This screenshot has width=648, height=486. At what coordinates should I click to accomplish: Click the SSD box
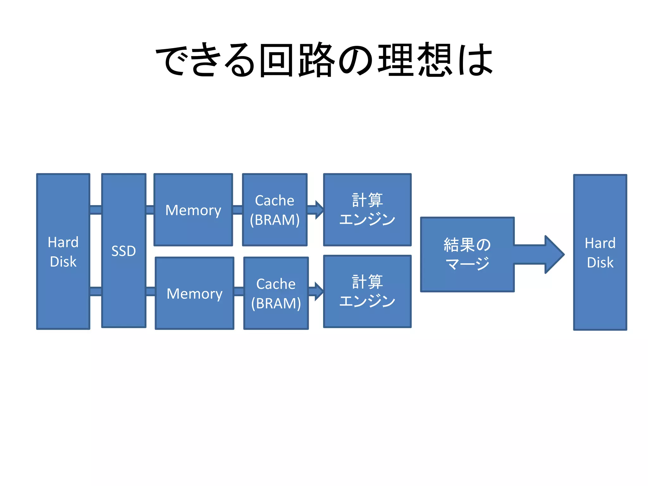click(x=124, y=251)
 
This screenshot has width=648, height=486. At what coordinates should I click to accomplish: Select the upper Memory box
click(x=193, y=210)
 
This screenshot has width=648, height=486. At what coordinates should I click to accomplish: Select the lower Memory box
click(x=195, y=293)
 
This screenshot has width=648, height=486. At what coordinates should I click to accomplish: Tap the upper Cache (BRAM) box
click(x=275, y=210)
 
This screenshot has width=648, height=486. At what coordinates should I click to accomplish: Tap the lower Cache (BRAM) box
click(x=276, y=293)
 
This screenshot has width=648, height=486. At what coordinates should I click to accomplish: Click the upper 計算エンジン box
click(x=367, y=210)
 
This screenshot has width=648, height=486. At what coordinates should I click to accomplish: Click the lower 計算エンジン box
click(x=367, y=291)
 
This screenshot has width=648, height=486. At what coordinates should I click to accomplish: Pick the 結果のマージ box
click(x=467, y=254)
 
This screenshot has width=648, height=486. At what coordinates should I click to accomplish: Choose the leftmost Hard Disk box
click(x=63, y=252)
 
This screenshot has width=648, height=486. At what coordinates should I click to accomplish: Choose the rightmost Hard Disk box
click(x=600, y=252)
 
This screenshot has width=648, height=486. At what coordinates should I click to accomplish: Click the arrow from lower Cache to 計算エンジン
click(x=316, y=291)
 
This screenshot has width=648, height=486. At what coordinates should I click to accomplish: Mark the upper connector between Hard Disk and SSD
click(x=96, y=210)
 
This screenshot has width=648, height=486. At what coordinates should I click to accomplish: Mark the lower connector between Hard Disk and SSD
click(x=96, y=291)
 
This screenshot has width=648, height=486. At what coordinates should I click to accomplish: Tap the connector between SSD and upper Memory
click(x=150, y=210)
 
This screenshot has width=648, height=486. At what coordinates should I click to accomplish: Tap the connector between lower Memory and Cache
click(x=239, y=291)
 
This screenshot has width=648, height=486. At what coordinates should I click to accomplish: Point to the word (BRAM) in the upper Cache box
click(x=275, y=220)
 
